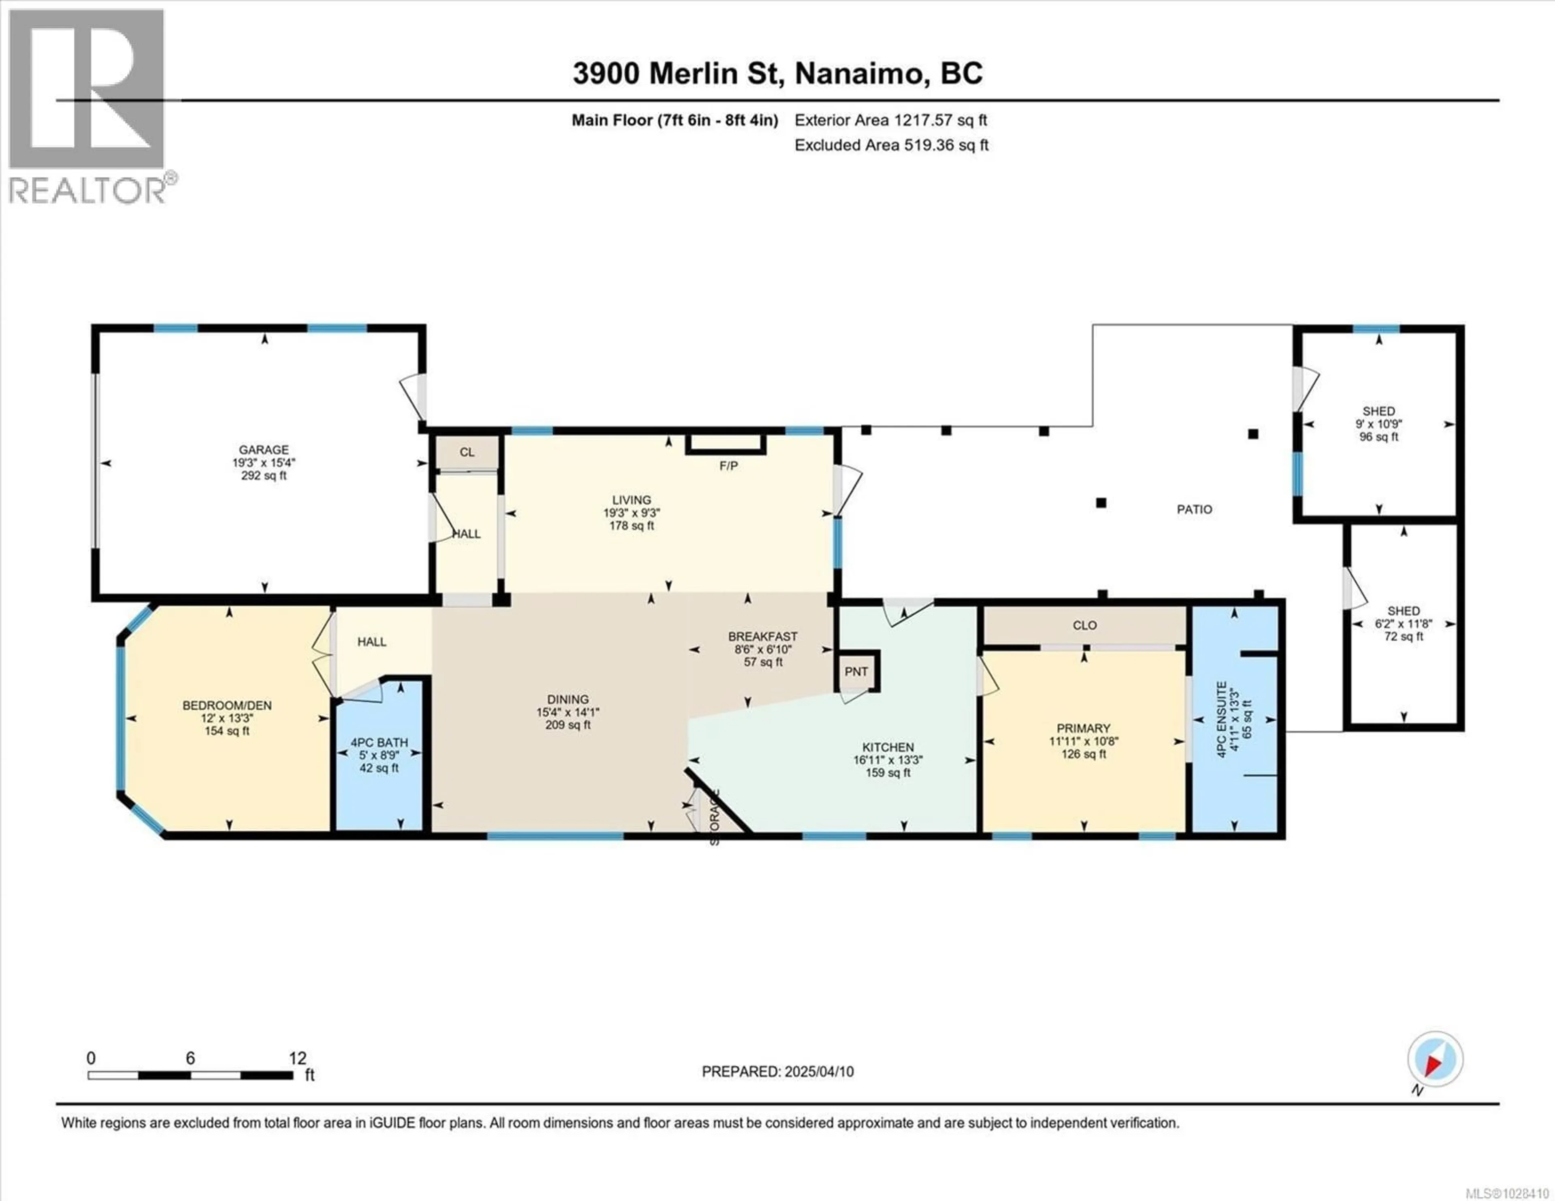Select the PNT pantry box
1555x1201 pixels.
(x=856, y=671)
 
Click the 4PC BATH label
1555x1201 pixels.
(x=379, y=742)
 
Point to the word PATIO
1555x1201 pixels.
(x=1194, y=509)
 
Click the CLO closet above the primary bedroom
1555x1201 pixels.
(x=1084, y=625)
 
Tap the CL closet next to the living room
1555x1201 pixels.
(x=467, y=452)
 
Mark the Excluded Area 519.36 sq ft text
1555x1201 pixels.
(x=891, y=145)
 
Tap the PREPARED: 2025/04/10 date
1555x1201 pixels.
(x=777, y=1071)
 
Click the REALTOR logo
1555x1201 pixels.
(x=89, y=107)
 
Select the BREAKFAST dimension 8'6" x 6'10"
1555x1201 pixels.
(x=763, y=649)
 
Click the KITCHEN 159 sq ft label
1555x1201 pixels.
(x=888, y=760)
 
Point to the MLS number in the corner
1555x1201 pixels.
(x=1502, y=1193)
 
